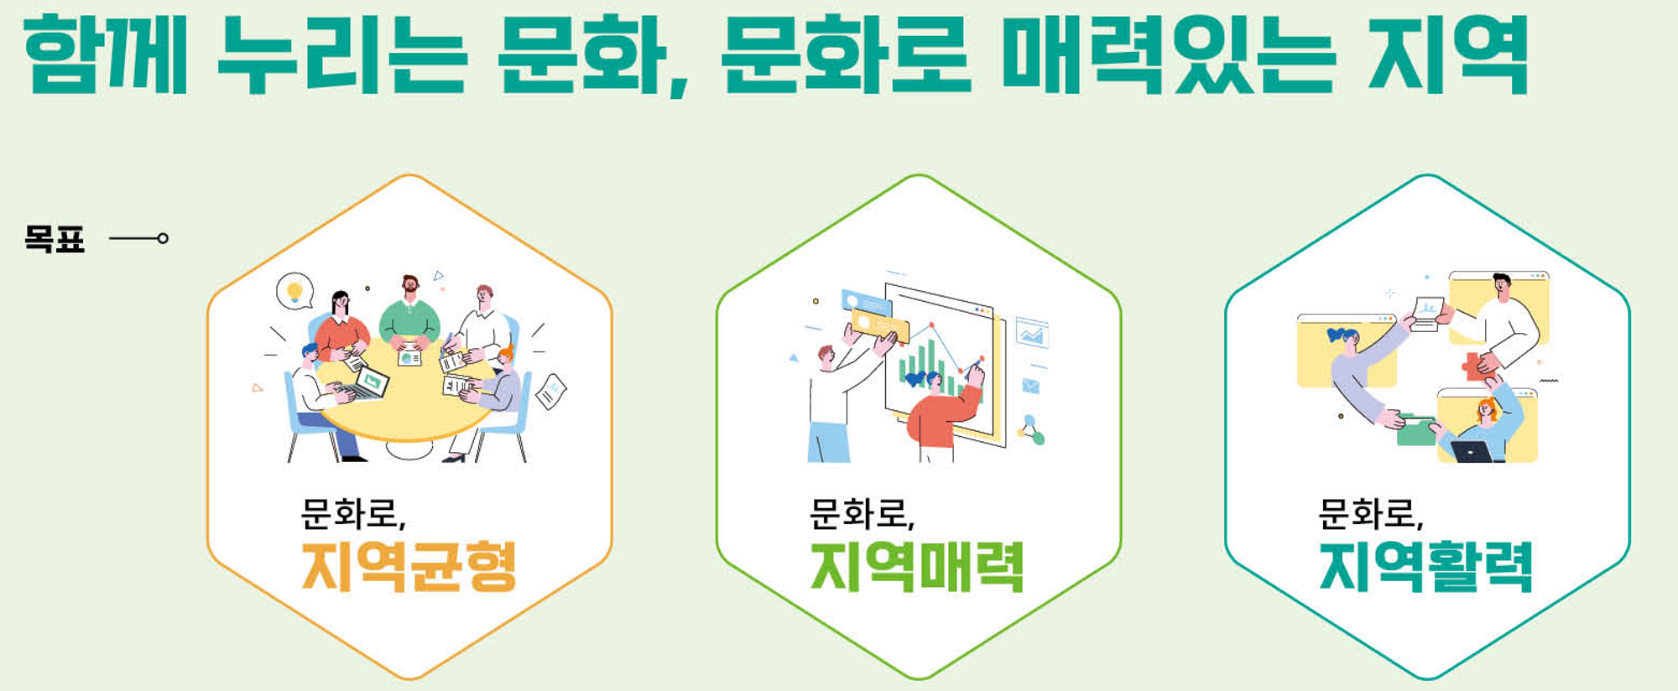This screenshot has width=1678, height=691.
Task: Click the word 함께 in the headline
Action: click(106, 55)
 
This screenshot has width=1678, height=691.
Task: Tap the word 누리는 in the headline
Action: click(342, 55)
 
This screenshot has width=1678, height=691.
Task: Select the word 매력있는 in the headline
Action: click(1169, 55)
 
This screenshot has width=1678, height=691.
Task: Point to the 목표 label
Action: click(55, 239)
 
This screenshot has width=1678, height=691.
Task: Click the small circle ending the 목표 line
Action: click(163, 239)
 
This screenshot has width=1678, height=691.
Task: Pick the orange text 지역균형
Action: click(409, 567)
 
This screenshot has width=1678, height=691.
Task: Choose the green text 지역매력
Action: click(917, 567)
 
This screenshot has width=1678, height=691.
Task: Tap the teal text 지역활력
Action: click(1426, 567)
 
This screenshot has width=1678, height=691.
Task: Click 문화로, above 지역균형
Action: click(353, 514)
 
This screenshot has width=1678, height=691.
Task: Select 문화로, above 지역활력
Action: click(1371, 514)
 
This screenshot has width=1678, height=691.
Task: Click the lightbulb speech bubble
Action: click(294, 291)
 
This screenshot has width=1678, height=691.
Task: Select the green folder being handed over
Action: click(1416, 431)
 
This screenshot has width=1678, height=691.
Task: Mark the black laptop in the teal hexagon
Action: click(1472, 452)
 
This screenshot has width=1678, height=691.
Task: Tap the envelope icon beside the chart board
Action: click(1031, 386)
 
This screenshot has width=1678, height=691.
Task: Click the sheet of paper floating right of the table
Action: click(551, 391)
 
